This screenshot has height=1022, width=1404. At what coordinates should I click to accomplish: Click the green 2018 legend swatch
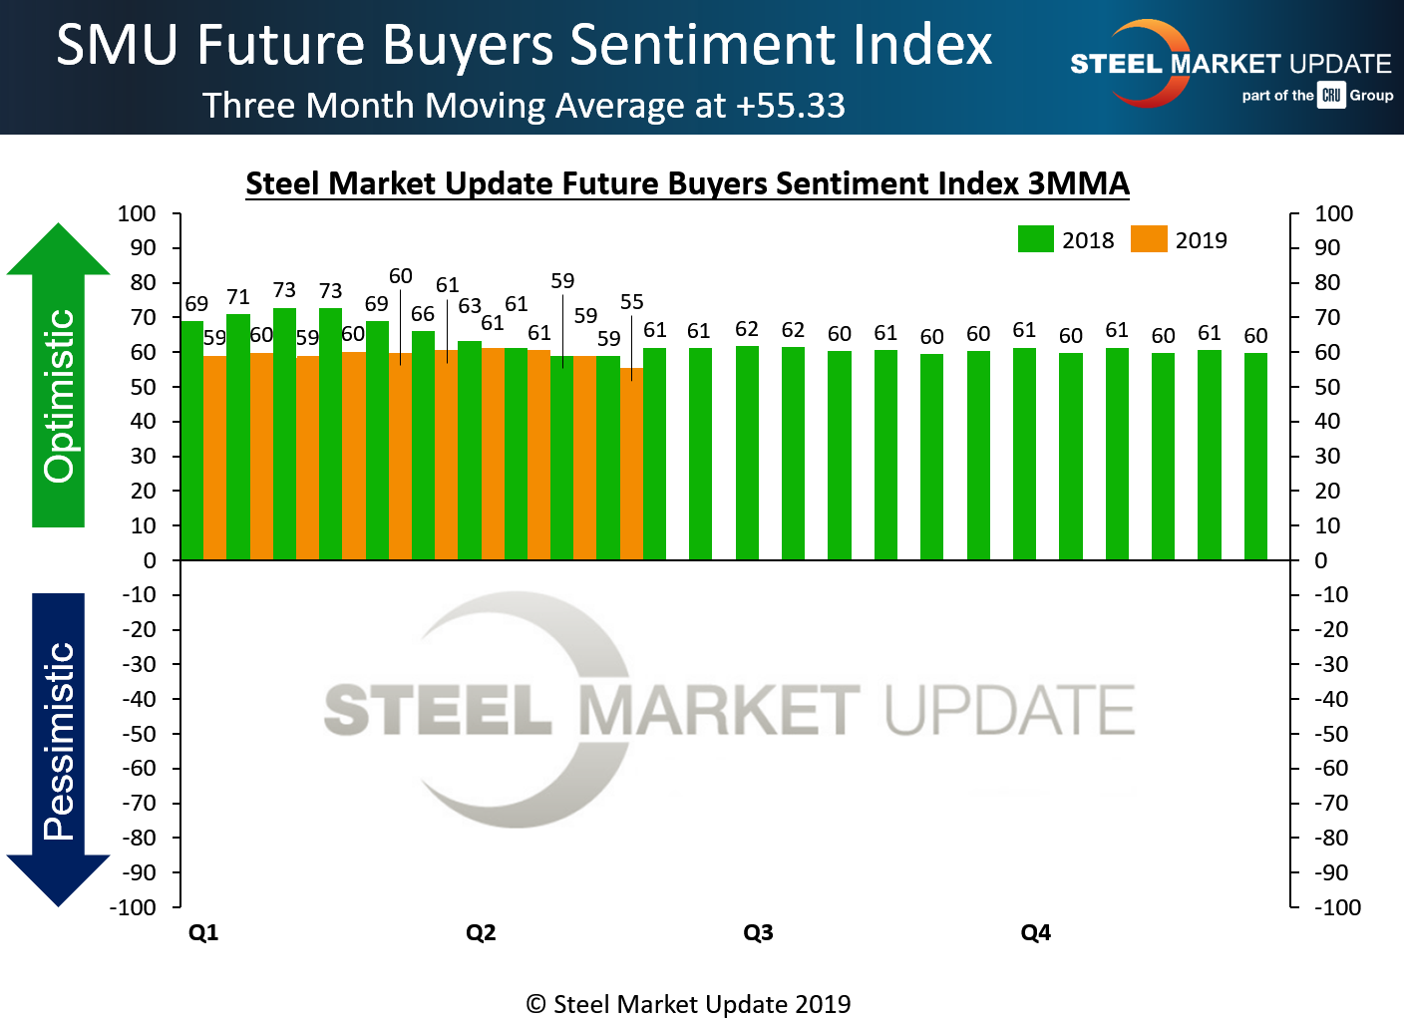coord(1035,239)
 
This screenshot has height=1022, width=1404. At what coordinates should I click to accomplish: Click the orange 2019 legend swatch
coord(1149,239)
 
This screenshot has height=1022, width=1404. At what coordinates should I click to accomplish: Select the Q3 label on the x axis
coord(758,932)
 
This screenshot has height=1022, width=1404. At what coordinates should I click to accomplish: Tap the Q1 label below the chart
coord(203,932)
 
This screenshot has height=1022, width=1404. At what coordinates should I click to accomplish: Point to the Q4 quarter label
coord(1035,932)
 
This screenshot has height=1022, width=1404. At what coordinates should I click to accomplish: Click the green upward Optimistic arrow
coord(59,379)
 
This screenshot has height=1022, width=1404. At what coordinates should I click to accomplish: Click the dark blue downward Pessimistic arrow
coord(59,748)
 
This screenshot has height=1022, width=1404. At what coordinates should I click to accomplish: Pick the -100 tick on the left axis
coord(135,907)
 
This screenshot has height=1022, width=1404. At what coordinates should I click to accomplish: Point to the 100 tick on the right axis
coord(1333,213)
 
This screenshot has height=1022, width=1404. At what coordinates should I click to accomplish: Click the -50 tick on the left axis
coord(139,734)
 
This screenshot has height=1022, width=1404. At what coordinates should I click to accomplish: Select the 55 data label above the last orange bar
coord(631,302)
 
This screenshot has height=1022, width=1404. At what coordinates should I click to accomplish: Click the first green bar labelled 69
coord(191,439)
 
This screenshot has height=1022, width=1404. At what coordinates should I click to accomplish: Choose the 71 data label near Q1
coord(237,297)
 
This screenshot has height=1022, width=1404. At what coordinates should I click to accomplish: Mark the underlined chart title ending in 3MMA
coord(687,183)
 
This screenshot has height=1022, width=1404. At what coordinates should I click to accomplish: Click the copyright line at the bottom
coord(688,1004)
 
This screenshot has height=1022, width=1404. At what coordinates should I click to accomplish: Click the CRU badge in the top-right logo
coord(1331,95)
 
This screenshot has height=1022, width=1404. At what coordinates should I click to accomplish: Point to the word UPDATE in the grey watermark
coord(1009,710)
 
